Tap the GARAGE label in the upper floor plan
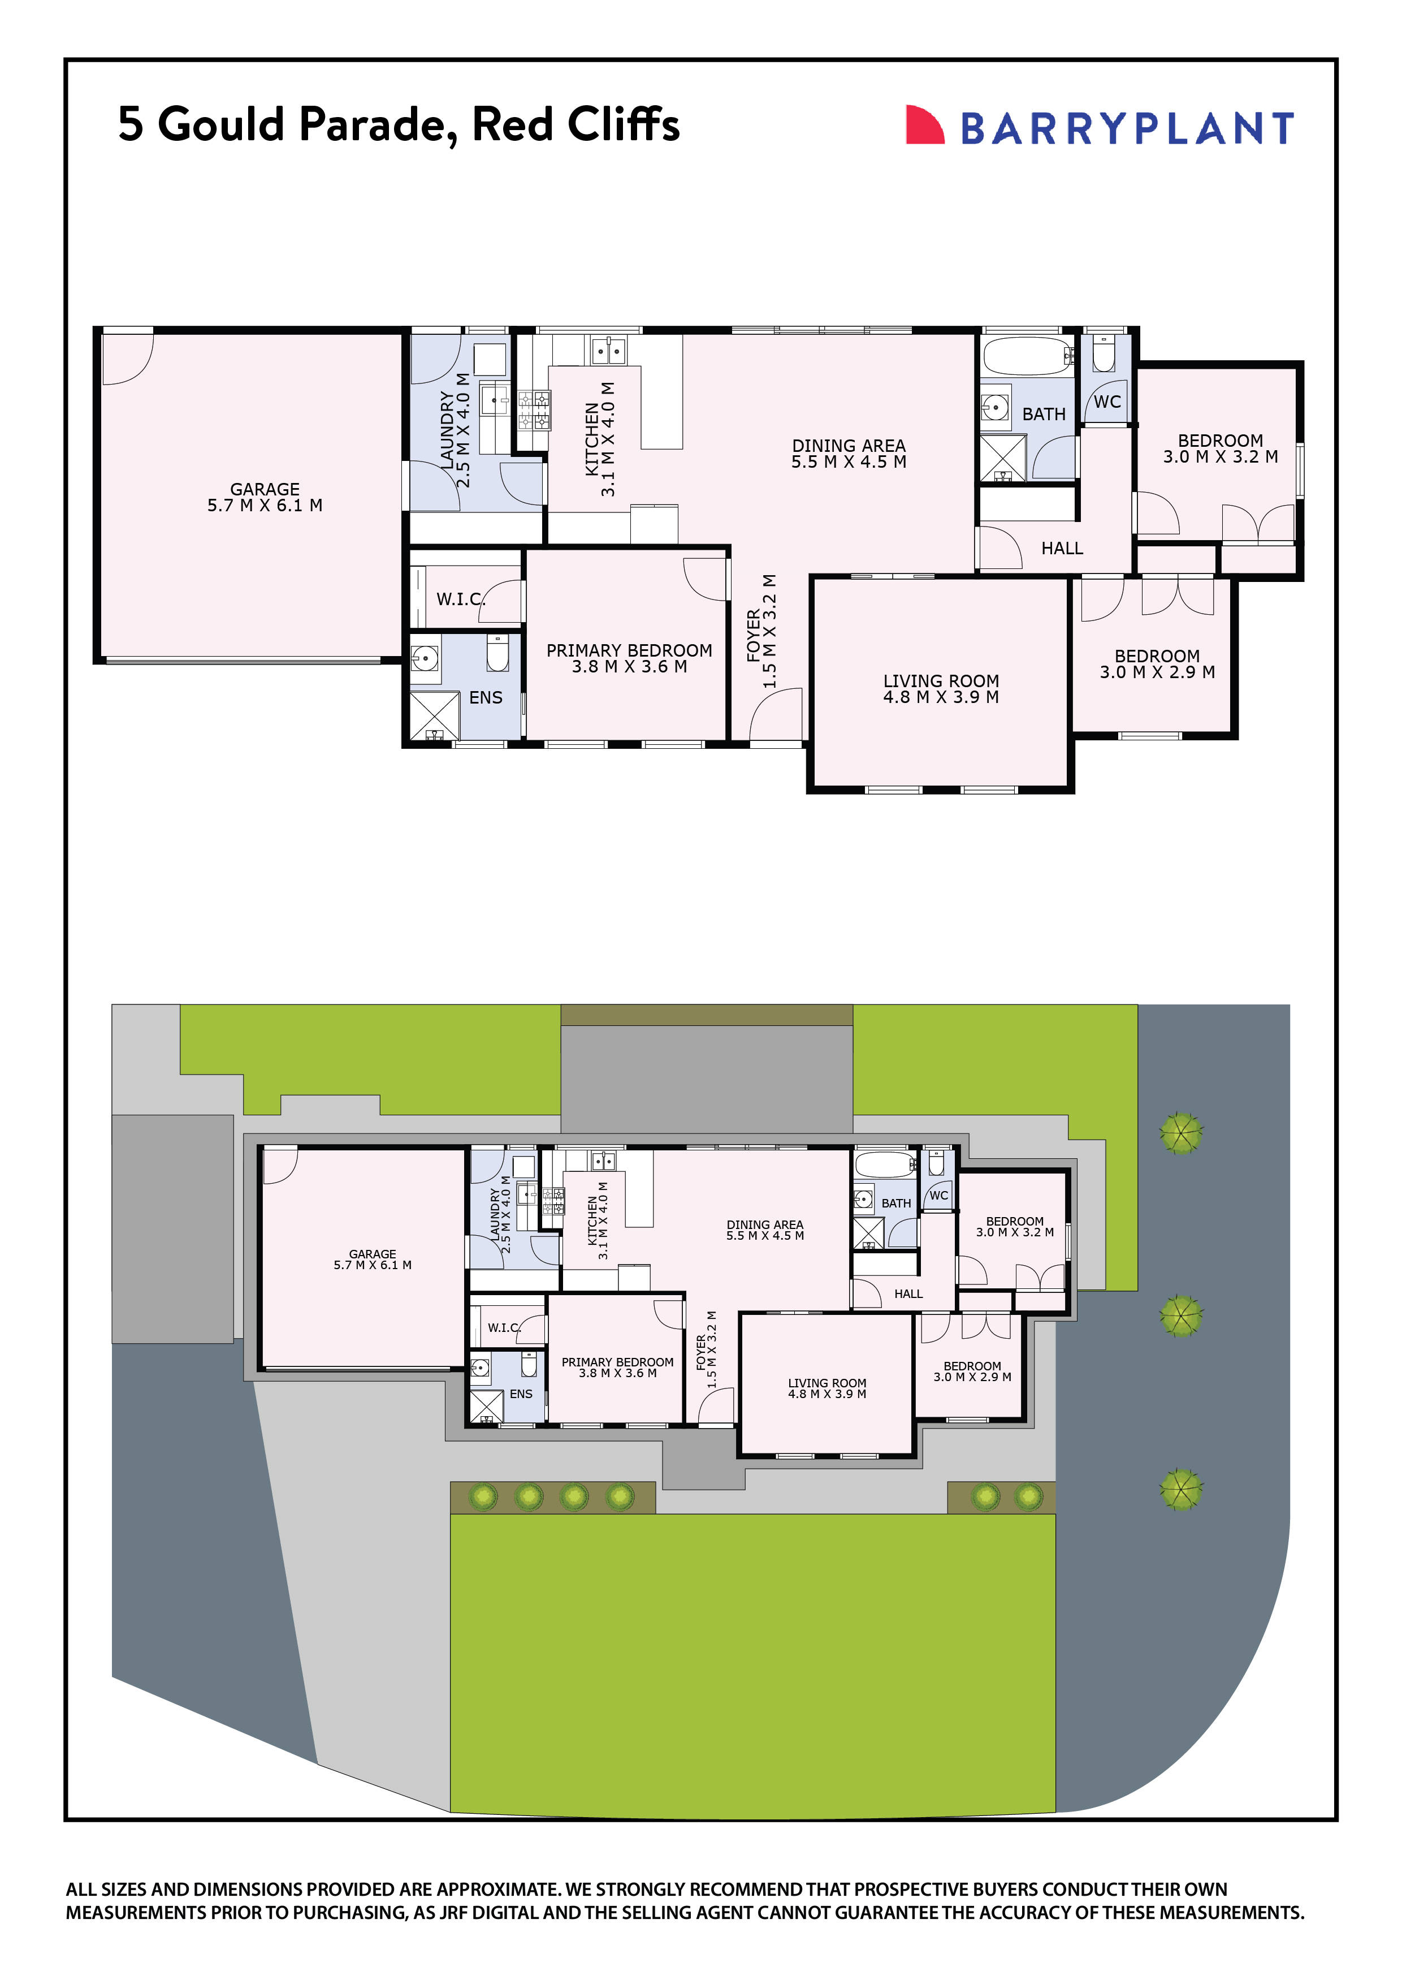(x=265, y=489)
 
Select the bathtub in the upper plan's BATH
(x=1027, y=355)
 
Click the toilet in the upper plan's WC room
(x=1104, y=354)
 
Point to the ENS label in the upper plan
(x=486, y=697)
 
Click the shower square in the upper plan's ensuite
(x=435, y=715)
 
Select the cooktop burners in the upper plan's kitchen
(x=534, y=411)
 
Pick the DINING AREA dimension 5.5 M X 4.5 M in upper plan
(x=849, y=462)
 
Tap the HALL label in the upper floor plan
(x=1062, y=549)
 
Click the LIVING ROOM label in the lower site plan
(x=827, y=1383)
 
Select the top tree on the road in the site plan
(x=1181, y=1133)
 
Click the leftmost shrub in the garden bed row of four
(x=483, y=1496)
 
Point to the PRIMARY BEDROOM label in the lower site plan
(x=617, y=1362)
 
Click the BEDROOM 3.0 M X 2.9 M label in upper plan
(x=1157, y=665)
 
